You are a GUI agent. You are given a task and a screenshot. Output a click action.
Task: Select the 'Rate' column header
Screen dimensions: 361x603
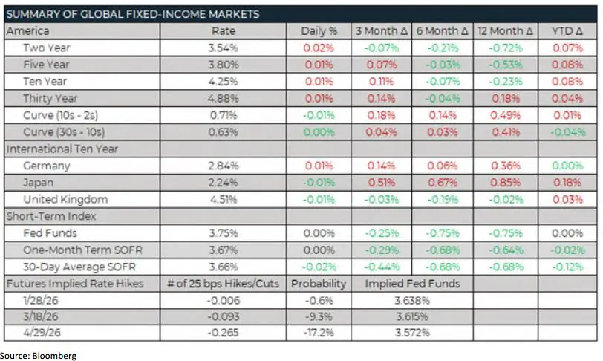[224, 31]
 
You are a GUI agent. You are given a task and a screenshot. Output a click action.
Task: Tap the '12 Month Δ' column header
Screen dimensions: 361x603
[506, 31]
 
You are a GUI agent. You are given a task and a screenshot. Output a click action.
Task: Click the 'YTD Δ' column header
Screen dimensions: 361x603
[567, 31]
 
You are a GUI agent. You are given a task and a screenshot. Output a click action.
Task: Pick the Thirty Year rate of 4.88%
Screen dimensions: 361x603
[224, 98]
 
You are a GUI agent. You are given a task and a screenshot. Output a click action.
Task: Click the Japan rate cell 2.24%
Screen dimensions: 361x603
[224, 182]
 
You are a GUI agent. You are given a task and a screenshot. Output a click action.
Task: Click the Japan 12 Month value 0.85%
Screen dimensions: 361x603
[506, 182]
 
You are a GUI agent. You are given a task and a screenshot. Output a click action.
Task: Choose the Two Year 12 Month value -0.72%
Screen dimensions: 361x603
[506, 48]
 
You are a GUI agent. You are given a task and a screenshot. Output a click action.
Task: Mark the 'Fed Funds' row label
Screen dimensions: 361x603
[48, 232]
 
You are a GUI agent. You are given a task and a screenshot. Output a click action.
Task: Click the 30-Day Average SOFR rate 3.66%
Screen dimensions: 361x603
[224, 266]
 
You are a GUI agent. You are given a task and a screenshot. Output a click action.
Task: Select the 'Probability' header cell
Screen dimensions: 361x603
[319, 283]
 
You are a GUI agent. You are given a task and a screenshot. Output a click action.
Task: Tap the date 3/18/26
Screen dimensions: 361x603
[42, 316]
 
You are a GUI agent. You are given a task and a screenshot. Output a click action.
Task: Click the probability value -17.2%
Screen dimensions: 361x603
[319, 334]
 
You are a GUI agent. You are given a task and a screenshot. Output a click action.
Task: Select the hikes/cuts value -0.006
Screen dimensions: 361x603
[224, 300]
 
